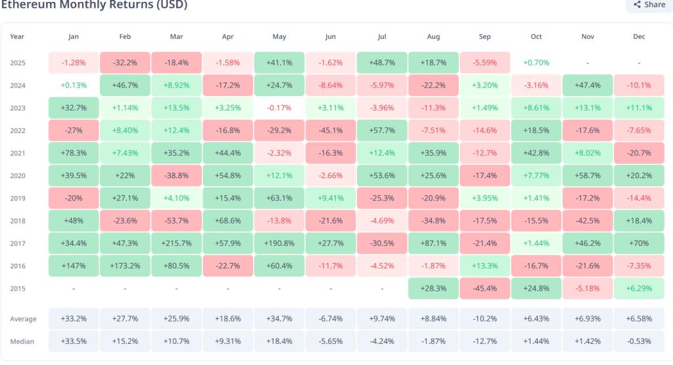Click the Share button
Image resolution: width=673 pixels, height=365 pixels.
tap(649, 5)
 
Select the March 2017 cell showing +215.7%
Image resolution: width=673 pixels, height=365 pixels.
tap(176, 243)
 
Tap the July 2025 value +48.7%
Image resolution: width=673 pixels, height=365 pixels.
tap(382, 62)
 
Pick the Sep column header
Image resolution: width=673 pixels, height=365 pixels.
tap(485, 37)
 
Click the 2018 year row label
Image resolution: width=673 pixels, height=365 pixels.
tap(18, 220)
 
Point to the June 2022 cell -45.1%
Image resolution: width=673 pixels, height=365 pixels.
tap(331, 130)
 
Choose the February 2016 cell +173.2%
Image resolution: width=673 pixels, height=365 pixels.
tap(125, 266)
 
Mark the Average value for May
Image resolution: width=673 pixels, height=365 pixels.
tap(279, 319)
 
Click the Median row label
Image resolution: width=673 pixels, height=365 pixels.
tap(23, 341)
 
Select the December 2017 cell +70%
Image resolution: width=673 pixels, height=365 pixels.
tap(639, 243)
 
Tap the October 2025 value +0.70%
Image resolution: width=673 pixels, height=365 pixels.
tap(536, 62)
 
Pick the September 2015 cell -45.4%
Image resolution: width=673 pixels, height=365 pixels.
tap(485, 288)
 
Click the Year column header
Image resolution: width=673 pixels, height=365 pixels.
tap(17, 37)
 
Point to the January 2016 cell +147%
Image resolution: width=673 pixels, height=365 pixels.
tap(74, 266)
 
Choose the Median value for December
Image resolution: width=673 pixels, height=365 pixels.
tap(639, 341)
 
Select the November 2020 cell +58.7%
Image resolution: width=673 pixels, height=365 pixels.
tap(588, 176)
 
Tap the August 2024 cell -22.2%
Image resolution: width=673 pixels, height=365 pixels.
tap(433, 85)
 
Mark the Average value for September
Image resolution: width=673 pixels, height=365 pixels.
tap(485, 319)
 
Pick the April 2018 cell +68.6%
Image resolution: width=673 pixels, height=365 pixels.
tap(228, 220)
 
